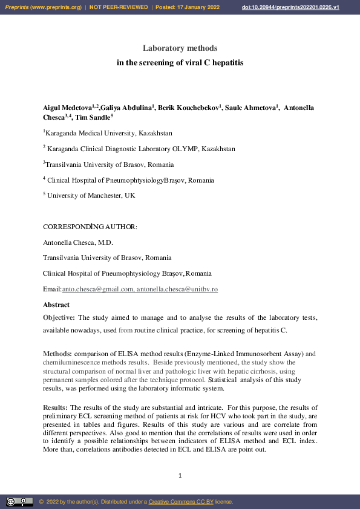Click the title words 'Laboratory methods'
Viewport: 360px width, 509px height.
coord(180,48)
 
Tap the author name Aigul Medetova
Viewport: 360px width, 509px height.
coord(67,108)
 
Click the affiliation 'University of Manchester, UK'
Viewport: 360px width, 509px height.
coord(91,195)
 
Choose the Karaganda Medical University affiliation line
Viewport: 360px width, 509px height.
coord(109,133)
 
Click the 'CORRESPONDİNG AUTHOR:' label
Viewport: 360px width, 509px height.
coord(90,227)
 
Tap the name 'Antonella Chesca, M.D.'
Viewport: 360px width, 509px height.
coord(78,242)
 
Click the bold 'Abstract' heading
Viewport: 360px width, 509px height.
coord(56,305)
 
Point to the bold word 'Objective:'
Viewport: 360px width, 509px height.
coord(59,317)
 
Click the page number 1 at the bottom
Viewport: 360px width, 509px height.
coord(180,476)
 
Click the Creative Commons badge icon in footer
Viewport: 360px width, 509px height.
coord(19,502)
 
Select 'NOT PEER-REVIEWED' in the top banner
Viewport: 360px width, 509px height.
coord(119,7)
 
